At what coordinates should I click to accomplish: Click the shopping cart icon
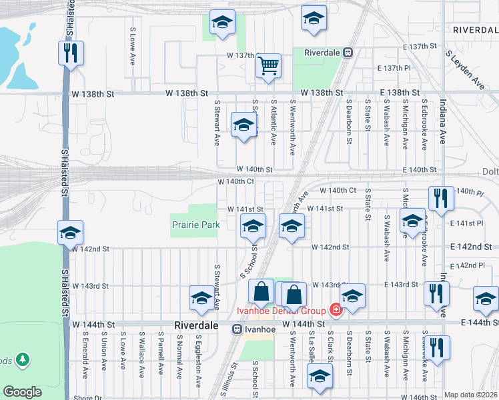(x=268, y=66)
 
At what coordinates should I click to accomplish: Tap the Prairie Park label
(x=195, y=225)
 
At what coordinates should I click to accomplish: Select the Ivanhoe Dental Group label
(x=282, y=311)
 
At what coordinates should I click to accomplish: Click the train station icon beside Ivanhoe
(x=237, y=329)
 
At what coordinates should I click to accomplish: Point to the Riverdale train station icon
(x=348, y=52)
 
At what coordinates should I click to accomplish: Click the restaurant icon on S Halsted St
(x=70, y=53)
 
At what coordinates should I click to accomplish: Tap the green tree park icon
(x=23, y=360)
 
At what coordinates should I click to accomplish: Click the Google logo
(x=22, y=392)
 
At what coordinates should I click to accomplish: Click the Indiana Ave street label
(x=442, y=121)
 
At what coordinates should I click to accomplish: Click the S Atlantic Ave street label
(x=274, y=123)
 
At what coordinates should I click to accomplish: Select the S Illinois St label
(x=234, y=377)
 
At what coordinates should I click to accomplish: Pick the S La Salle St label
(x=312, y=360)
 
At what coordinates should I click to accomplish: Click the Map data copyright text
(x=471, y=395)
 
